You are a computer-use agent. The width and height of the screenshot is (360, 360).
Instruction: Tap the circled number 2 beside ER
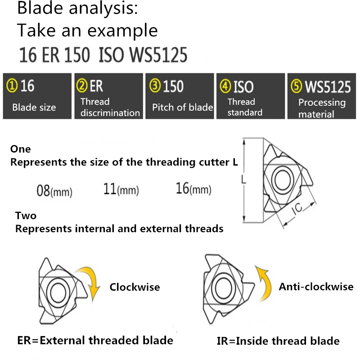82,85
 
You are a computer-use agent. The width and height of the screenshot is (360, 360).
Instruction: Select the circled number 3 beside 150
154,85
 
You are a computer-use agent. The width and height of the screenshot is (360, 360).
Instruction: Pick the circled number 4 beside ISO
225,85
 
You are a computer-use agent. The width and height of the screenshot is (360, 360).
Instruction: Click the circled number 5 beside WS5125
296,85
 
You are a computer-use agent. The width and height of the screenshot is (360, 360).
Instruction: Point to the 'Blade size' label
34,108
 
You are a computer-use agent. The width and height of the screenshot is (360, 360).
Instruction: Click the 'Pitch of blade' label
182,108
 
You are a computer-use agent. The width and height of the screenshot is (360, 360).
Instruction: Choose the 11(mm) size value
121,189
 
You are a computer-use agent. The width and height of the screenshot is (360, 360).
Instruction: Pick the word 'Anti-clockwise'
316,287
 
